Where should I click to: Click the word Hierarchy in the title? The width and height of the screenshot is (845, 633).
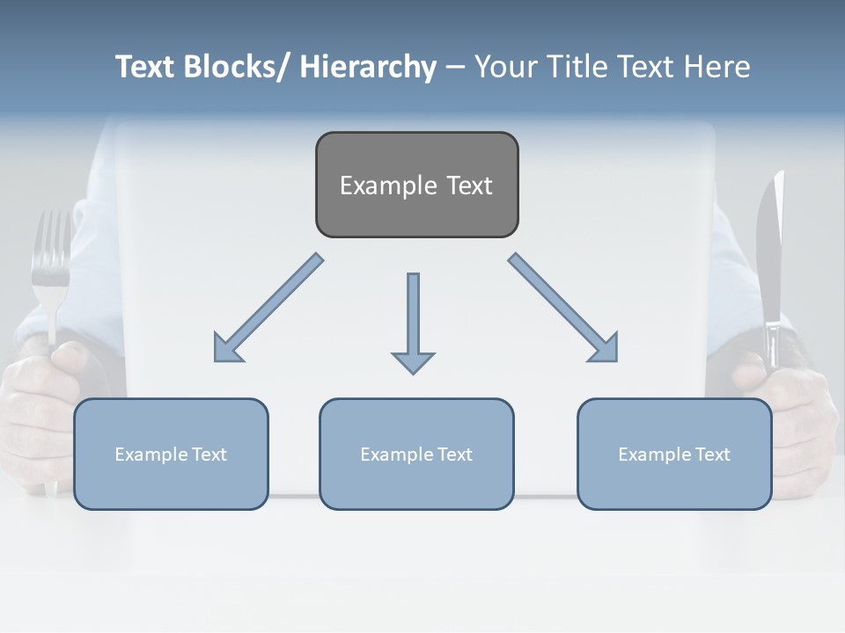(368, 67)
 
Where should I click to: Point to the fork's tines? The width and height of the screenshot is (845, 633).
(50, 246)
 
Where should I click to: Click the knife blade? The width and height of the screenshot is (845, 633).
(768, 246)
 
